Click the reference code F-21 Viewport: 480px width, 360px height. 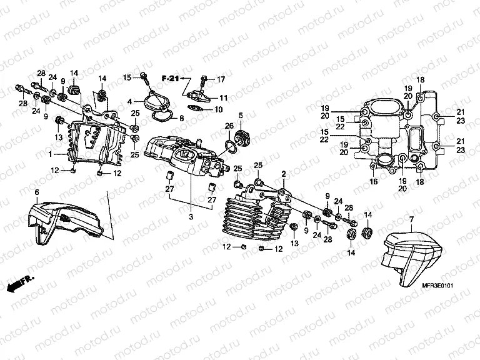coord(169,78)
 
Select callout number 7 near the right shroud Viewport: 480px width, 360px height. coord(412,219)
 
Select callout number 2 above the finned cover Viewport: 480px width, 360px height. coord(283,172)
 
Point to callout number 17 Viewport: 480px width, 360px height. coord(221,79)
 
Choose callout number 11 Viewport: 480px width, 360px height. coord(222,97)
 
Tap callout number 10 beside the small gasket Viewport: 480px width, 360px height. coord(219,109)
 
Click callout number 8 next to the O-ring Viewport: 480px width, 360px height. coord(181,118)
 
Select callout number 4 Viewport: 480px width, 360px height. coord(129,101)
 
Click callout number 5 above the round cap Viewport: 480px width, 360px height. coord(240,115)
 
